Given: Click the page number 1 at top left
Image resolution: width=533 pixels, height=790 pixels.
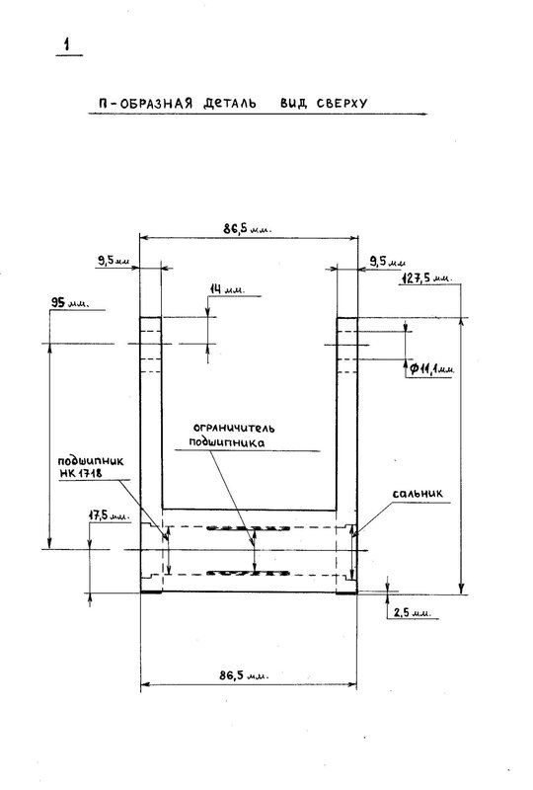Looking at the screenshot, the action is pyautogui.click(x=66, y=44).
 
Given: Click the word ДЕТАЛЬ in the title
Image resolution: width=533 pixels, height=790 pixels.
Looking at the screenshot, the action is pyautogui.click(x=230, y=104).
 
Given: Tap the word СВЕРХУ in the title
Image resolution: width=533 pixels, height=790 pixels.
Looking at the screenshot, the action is pyautogui.click(x=343, y=104).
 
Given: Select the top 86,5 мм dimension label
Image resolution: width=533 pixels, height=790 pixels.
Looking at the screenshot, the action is pyautogui.click(x=248, y=229).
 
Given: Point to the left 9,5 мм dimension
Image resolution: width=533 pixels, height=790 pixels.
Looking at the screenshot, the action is pyautogui.click(x=114, y=261).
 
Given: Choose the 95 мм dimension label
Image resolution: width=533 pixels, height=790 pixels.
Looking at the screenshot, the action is pyautogui.click(x=70, y=303).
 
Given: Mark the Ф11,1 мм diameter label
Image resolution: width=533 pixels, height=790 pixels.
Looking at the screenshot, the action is pyautogui.click(x=431, y=369).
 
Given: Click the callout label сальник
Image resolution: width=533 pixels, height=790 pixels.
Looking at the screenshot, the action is pyautogui.click(x=418, y=493).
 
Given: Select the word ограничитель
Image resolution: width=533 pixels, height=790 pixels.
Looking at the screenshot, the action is pyautogui.click(x=234, y=429).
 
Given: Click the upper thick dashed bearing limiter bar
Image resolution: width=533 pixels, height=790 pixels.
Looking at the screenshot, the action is pyautogui.click(x=248, y=528).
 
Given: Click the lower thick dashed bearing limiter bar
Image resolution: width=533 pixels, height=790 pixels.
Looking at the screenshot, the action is pyautogui.click(x=248, y=573).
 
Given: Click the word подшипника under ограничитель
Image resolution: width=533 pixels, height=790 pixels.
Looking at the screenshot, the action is pyautogui.click(x=227, y=442).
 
